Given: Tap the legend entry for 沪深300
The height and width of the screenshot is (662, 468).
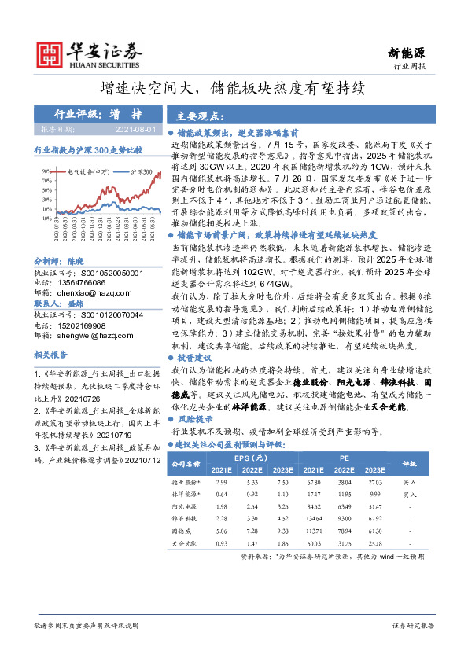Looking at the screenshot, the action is [141, 171].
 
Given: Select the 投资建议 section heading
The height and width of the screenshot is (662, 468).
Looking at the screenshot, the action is [195, 357].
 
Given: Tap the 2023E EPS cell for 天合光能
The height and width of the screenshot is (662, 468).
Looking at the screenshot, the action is [281, 543].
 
